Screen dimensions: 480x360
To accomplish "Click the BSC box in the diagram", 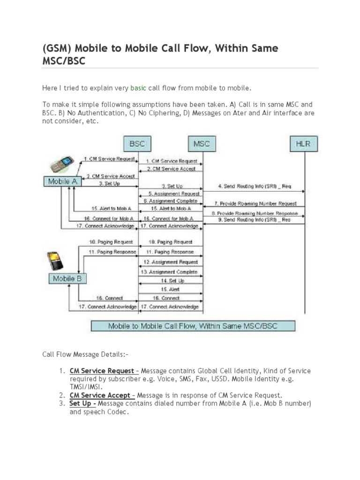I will (x=137, y=143).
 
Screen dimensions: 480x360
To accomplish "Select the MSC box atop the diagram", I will (x=202, y=143).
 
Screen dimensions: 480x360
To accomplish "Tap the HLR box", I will (x=303, y=143).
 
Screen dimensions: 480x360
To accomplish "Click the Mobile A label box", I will (x=63, y=181).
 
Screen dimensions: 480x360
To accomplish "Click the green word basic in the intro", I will (x=138, y=88).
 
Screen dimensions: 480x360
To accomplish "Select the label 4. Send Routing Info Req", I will (x=255, y=186).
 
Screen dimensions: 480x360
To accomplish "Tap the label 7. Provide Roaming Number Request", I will (x=255, y=203).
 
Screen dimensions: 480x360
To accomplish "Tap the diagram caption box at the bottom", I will (x=193, y=326).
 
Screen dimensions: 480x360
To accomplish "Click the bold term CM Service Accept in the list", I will (x=98, y=395).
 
